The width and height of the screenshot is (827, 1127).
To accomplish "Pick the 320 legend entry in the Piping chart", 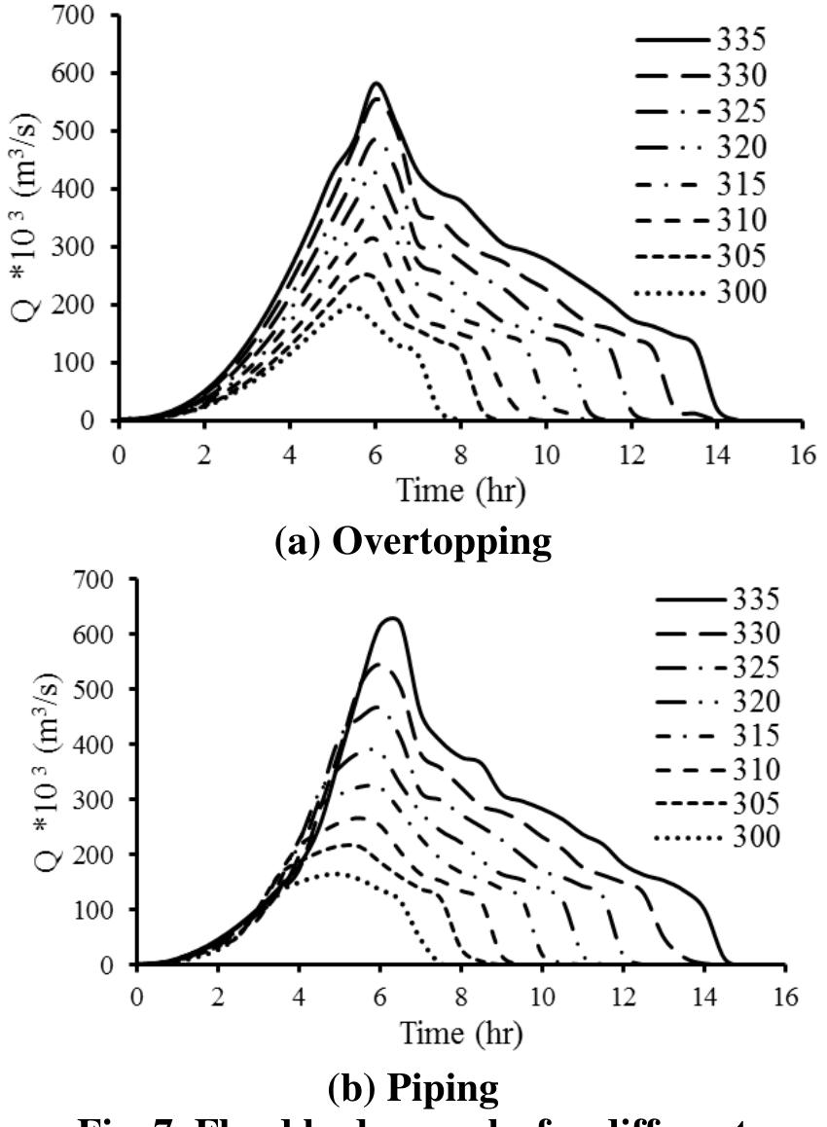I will click(x=720, y=702).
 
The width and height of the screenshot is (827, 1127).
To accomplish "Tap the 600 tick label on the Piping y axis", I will click(x=95, y=635).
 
